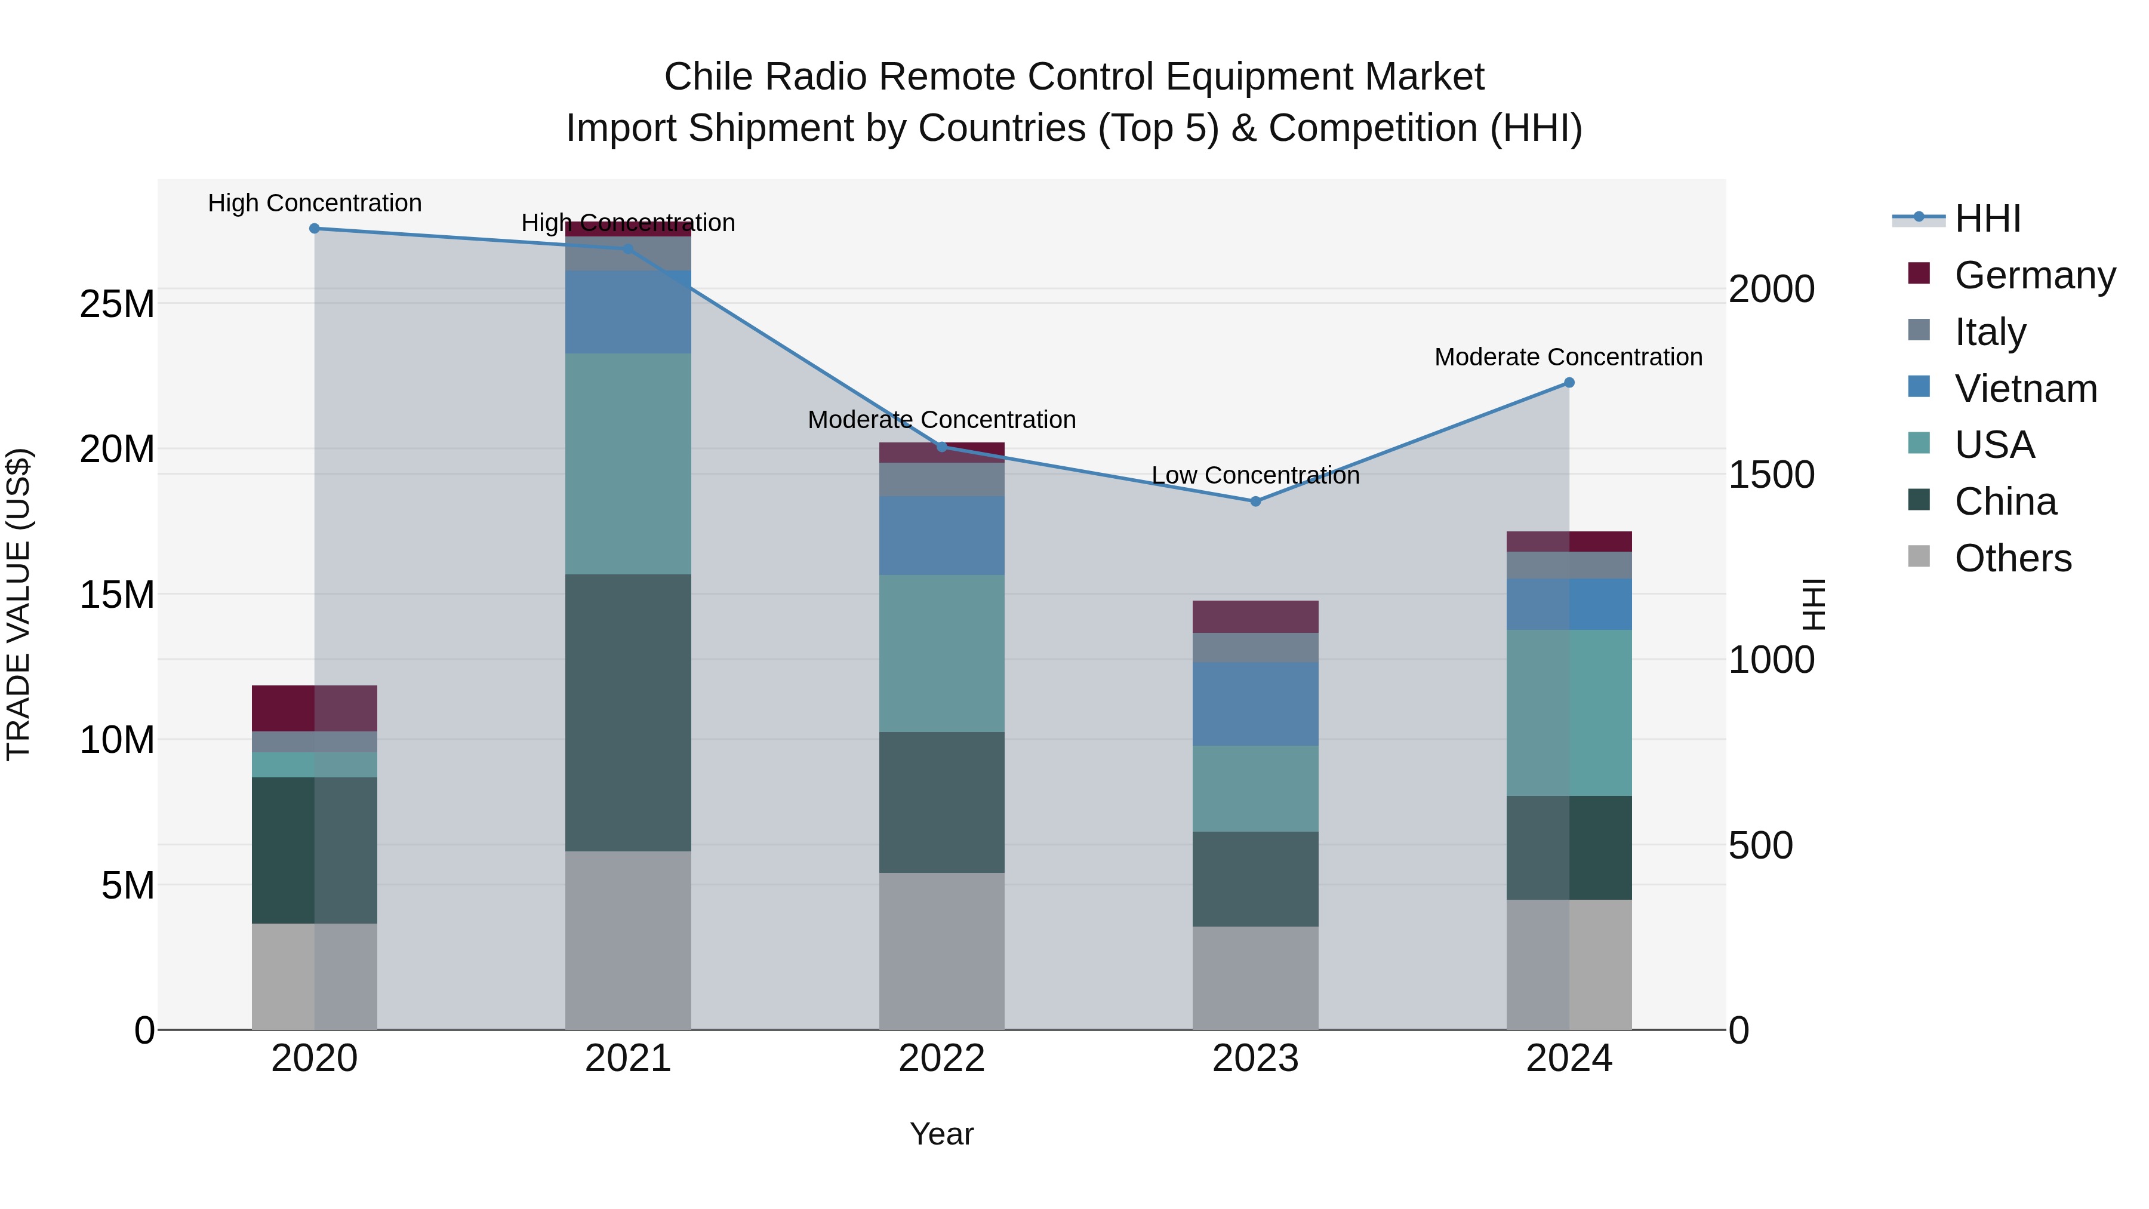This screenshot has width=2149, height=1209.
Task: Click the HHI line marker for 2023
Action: click(1255, 502)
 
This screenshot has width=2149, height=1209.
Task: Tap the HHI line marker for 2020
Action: click(315, 229)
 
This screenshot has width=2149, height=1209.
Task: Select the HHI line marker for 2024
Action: click(1569, 383)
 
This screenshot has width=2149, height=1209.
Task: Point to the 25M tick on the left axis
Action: click(117, 304)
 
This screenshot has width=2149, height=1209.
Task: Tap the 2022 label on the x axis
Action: click(942, 1059)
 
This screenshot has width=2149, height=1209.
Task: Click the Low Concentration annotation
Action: click(1255, 476)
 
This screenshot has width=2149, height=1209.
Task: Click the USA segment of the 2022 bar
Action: click(942, 653)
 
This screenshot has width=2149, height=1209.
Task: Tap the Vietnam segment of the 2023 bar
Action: click(1255, 705)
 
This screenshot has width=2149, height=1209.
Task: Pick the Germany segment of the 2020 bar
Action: click(315, 708)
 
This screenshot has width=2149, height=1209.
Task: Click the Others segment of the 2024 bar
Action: click(1569, 965)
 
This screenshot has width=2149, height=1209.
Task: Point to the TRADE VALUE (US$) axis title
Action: click(19, 604)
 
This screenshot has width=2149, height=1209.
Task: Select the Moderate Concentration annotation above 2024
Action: click(1568, 357)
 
